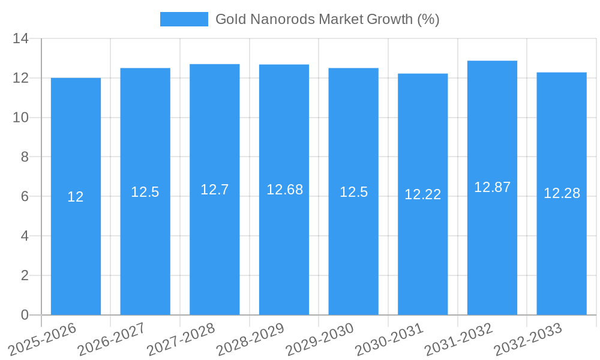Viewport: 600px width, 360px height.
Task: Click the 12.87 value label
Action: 492,187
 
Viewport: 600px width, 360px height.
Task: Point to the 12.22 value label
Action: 422,194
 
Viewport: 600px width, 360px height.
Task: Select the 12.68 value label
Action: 284,190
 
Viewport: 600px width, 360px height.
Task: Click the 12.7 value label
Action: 214,190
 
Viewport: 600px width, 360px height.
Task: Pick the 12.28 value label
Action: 562,193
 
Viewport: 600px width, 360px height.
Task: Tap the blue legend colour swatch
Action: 184,19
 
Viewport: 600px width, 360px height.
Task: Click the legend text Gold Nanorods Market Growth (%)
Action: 327,19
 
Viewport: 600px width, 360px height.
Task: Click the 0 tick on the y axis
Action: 25,315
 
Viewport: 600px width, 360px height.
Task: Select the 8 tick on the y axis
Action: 25,157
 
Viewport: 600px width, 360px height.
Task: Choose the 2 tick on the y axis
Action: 25,275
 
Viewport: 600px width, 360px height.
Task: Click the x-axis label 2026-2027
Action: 111,339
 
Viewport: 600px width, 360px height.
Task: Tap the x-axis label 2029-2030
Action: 319,339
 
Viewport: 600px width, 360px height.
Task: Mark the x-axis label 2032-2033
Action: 527,339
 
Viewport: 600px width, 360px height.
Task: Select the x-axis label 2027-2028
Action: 181,339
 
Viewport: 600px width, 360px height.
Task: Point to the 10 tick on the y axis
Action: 21,118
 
